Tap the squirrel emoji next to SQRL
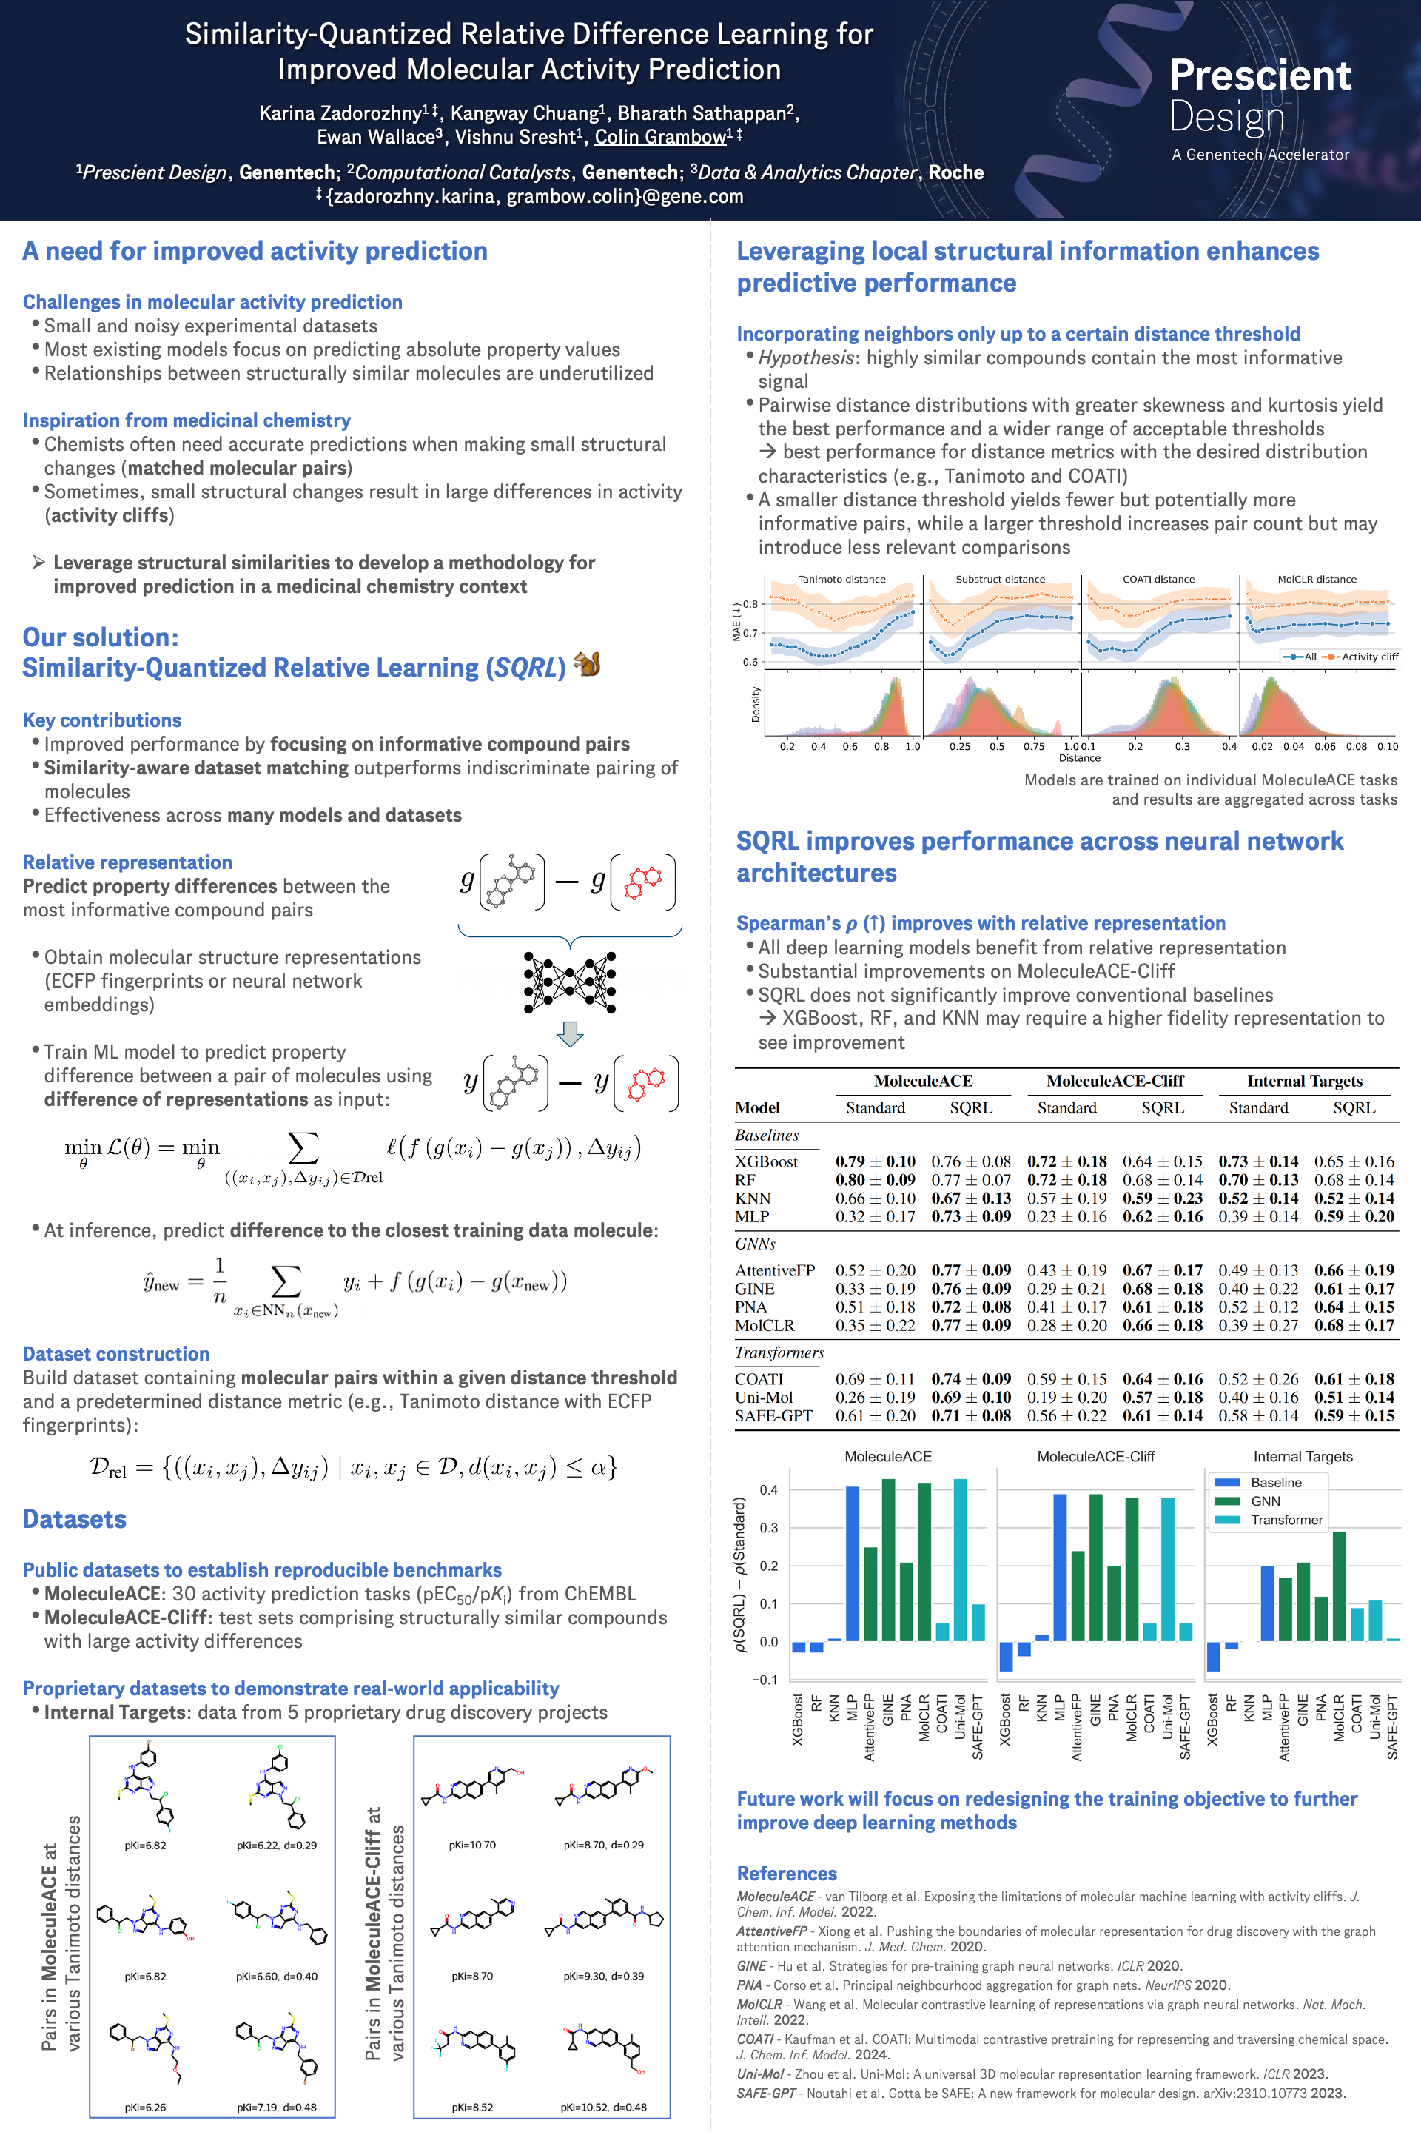[587, 665]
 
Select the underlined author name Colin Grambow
[661, 137]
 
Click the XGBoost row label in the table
[767, 1161]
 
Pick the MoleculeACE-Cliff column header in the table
[1115, 1081]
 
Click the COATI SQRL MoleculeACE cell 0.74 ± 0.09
[970, 1378]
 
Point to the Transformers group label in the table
[779, 1352]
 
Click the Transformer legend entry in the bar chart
[1286, 1520]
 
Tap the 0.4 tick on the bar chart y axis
[768, 1490]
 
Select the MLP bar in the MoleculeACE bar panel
[853, 1563]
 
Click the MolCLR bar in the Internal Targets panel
[1340, 1586]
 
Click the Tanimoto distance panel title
[842, 579]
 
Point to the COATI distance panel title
[1158, 579]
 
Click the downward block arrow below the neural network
[570, 1033]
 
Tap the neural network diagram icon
[570, 982]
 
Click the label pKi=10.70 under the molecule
[472, 1845]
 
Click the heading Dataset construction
[116, 1353]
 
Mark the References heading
[787, 1873]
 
